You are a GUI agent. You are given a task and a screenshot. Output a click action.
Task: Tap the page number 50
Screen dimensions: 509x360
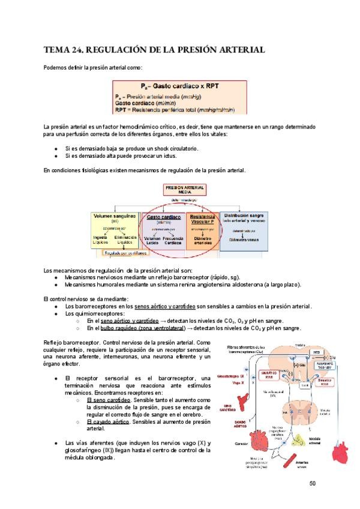click(x=312, y=484)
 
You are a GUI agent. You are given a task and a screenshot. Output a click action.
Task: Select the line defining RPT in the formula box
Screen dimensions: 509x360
click(x=174, y=110)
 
